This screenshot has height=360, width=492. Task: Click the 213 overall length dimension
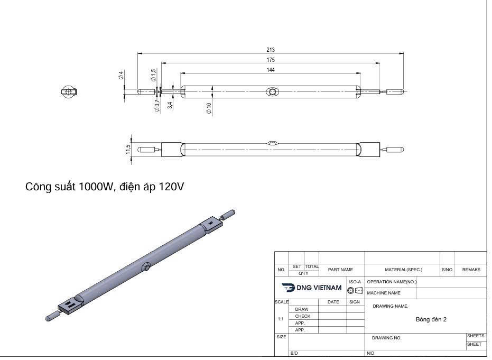pyautogui.click(x=271, y=50)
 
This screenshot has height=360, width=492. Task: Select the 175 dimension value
pyautogui.click(x=271, y=60)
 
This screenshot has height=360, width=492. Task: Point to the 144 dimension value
pyautogui.click(x=271, y=70)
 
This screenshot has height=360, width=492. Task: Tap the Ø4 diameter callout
pyautogui.click(x=121, y=75)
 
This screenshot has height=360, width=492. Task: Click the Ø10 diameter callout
pyautogui.click(x=209, y=108)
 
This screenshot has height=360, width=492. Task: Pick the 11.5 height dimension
pyautogui.click(x=128, y=149)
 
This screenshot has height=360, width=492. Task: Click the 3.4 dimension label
pyautogui.click(x=170, y=105)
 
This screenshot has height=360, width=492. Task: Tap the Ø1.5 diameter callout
pyautogui.click(x=153, y=75)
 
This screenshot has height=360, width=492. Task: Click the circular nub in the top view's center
pyautogui.click(x=272, y=92)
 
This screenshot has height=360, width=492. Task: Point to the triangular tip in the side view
pyautogui.click(x=272, y=142)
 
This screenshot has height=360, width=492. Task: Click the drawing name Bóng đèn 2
pyautogui.click(x=431, y=319)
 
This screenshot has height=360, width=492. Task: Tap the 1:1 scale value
pyautogui.click(x=281, y=319)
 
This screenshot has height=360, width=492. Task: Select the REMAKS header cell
pyautogui.click(x=471, y=270)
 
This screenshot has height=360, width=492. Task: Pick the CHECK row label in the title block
pyautogui.click(x=302, y=316)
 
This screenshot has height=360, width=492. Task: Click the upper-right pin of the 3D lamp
pyautogui.click(x=229, y=214)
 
